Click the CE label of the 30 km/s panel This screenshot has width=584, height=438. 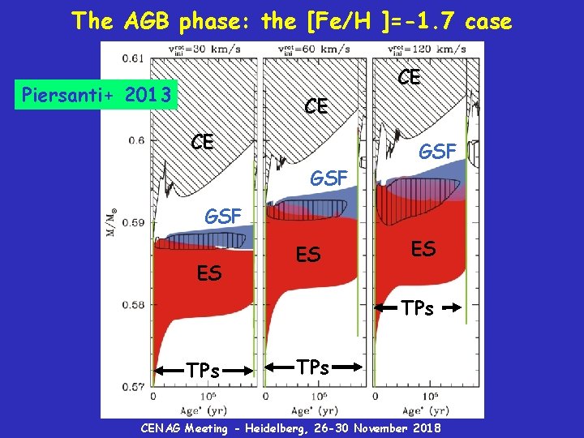(203, 143)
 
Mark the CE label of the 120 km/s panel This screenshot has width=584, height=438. (409, 77)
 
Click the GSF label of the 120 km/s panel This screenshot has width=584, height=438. (438, 150)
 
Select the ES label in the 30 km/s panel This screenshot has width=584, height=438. (209, 274)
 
